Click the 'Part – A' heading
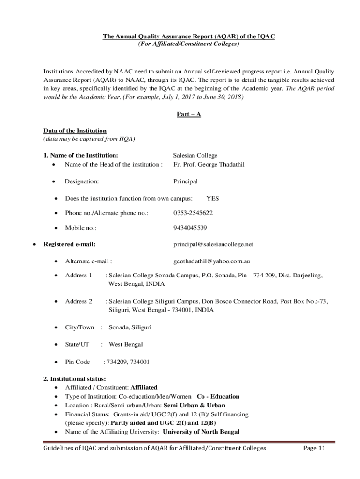(188, 114)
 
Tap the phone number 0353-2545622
(193, 213)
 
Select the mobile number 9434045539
(190, 228)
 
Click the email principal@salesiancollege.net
(213, 244)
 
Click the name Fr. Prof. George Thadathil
(209, 164)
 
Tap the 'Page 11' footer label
(314, 448)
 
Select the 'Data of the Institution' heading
(75, 131)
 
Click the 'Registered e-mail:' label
(70, 244)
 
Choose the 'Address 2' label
(79, 301)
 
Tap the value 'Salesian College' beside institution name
(195, 155)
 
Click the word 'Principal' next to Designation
(185, 181)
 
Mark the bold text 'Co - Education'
(218, 396)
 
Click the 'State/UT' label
(77, 344)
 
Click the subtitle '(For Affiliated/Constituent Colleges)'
(188, 44)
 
